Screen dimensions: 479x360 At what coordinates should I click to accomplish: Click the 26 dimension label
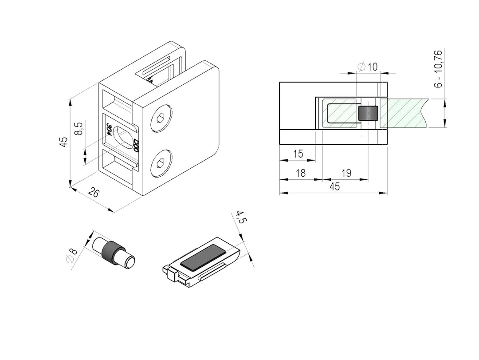[x=94, y=193]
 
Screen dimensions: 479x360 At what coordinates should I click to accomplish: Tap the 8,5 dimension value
[x=78, y=128]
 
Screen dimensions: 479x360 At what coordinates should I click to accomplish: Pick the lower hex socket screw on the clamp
[x=161, y=164]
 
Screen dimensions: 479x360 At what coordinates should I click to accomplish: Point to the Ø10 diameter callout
[x=368, y=67]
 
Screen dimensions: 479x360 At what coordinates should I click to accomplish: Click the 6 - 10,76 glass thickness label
[x=438, y=69]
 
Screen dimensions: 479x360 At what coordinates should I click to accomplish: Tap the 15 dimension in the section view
[x=298, y=154]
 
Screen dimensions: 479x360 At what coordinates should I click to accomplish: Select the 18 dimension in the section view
[x=301, y=173]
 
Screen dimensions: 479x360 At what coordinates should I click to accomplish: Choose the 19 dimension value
[x=346, y=173]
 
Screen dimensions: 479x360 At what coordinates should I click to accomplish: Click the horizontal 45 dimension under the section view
[x=335, y=186]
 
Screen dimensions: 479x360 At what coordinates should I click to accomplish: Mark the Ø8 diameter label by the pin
[x=71, y=256]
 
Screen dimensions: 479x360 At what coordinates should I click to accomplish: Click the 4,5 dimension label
[x=240, y=218]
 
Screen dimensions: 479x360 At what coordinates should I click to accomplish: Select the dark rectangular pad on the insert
[x=203, y=257]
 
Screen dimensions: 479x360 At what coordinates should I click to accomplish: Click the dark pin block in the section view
[x=368, y=114]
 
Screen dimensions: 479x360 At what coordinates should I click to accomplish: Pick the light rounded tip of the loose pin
[x=130, y=262]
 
